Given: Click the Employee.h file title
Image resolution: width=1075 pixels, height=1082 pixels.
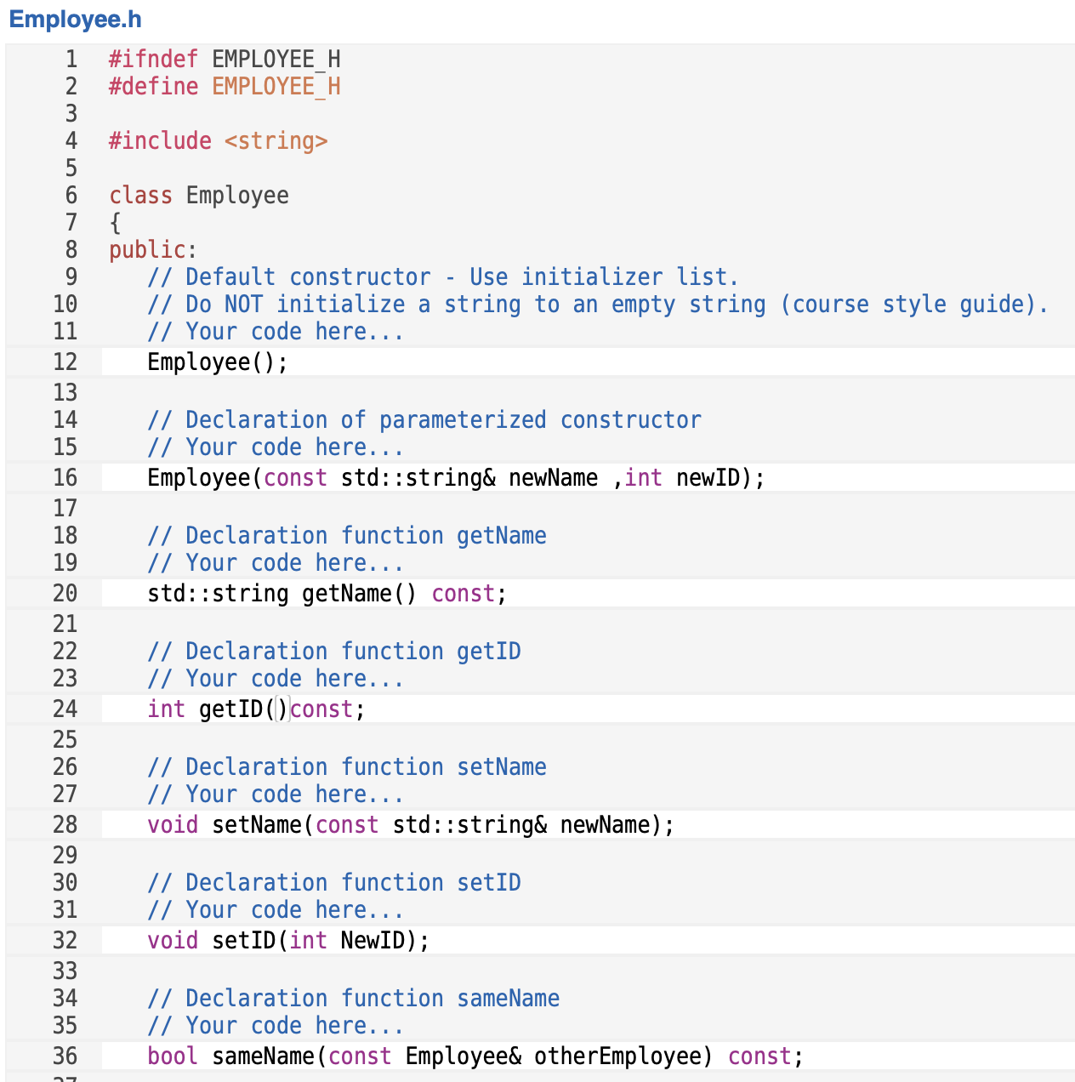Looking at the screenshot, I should (x=75, y=20).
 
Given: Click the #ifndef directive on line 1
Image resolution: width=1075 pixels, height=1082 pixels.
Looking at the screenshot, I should (x=153, y=59).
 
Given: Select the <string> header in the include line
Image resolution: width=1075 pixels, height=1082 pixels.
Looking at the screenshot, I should (x=276, y=140).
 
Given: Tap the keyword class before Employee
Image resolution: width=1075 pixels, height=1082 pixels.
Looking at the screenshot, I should (x=140, y=195).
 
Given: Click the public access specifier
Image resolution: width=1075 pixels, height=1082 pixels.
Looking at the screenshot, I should (x=147, y=249).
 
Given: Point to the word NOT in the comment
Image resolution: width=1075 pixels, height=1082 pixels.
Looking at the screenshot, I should (x=243, y=304).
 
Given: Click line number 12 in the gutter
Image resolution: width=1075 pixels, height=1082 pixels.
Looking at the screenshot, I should (x=65, y=362).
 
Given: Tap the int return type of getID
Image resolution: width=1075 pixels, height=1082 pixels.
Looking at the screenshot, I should (x=166, y=709).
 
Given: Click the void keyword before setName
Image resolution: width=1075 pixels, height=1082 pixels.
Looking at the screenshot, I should (x=173, y=824).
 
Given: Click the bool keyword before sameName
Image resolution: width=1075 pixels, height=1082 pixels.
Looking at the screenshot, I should (x=173, y=1056).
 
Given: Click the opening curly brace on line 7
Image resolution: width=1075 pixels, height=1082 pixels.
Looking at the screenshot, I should (x=116, y=223).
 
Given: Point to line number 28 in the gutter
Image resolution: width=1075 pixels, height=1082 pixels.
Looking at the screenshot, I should (x=65, y=824).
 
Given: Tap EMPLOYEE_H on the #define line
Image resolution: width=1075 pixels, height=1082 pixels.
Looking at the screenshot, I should (x=276, y=86).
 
